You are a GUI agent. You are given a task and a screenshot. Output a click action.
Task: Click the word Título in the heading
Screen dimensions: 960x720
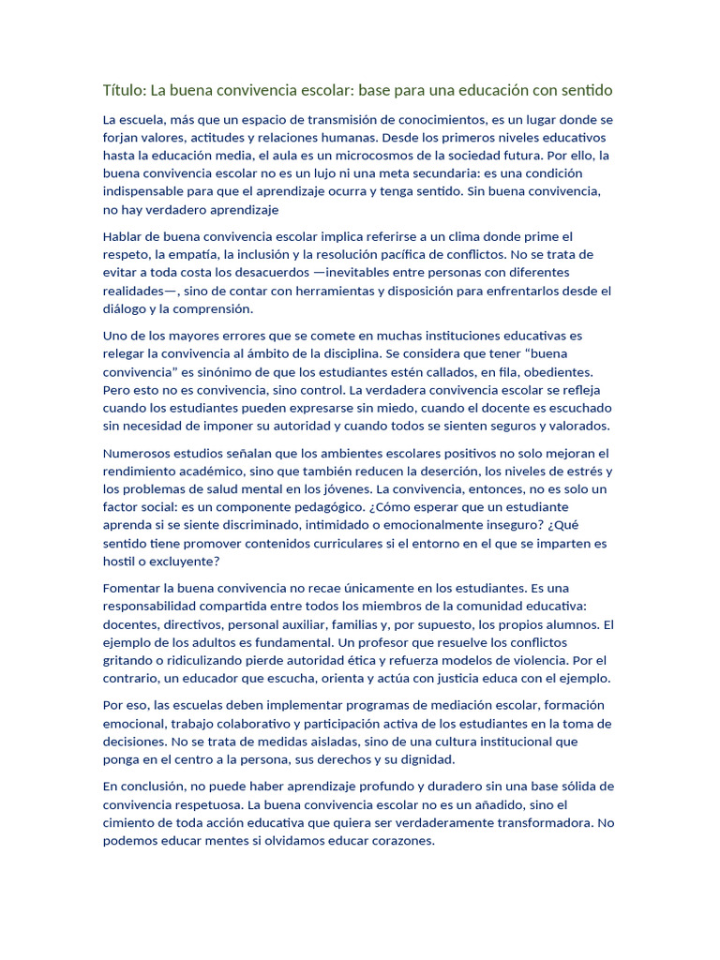pyautogui.click(x=125, y=90)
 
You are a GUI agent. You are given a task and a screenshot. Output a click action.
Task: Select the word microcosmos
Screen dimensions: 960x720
pyautogui.click(x=396, y=156)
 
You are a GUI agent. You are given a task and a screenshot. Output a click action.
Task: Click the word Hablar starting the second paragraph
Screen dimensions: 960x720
pyautogui.click(x=124, y=236)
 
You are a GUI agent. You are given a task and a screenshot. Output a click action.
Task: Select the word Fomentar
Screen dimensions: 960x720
pyautogui.click(x=131, y=588)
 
